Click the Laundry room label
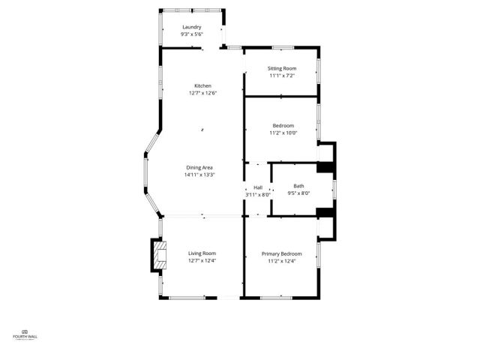(x=191, y=28)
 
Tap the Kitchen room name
(x=202, y=85)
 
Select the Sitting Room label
(x=282, y=68)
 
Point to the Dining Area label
(x=199, y=167)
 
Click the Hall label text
(x=257, y=187)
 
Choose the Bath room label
(x=298, y=186)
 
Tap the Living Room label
(x=202, y=253)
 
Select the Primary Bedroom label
(x=281, y=253)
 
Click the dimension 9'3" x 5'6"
(x=191, y=34)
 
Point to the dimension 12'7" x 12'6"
(x=202, y=93)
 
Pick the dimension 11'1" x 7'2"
(x=282, y=75)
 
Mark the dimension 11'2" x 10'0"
(x=283, y=133)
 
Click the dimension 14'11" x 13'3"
(x=199, y=175)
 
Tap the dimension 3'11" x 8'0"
(x=257, y=194)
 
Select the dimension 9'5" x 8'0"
(x=298, y=193)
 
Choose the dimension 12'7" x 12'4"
(x=202, y=260)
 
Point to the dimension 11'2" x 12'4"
(x=281, y=260)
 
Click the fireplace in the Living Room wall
(x=158, y=255)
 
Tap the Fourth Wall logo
(x=25, y=334)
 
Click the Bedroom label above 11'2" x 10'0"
(x=283, y=125)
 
